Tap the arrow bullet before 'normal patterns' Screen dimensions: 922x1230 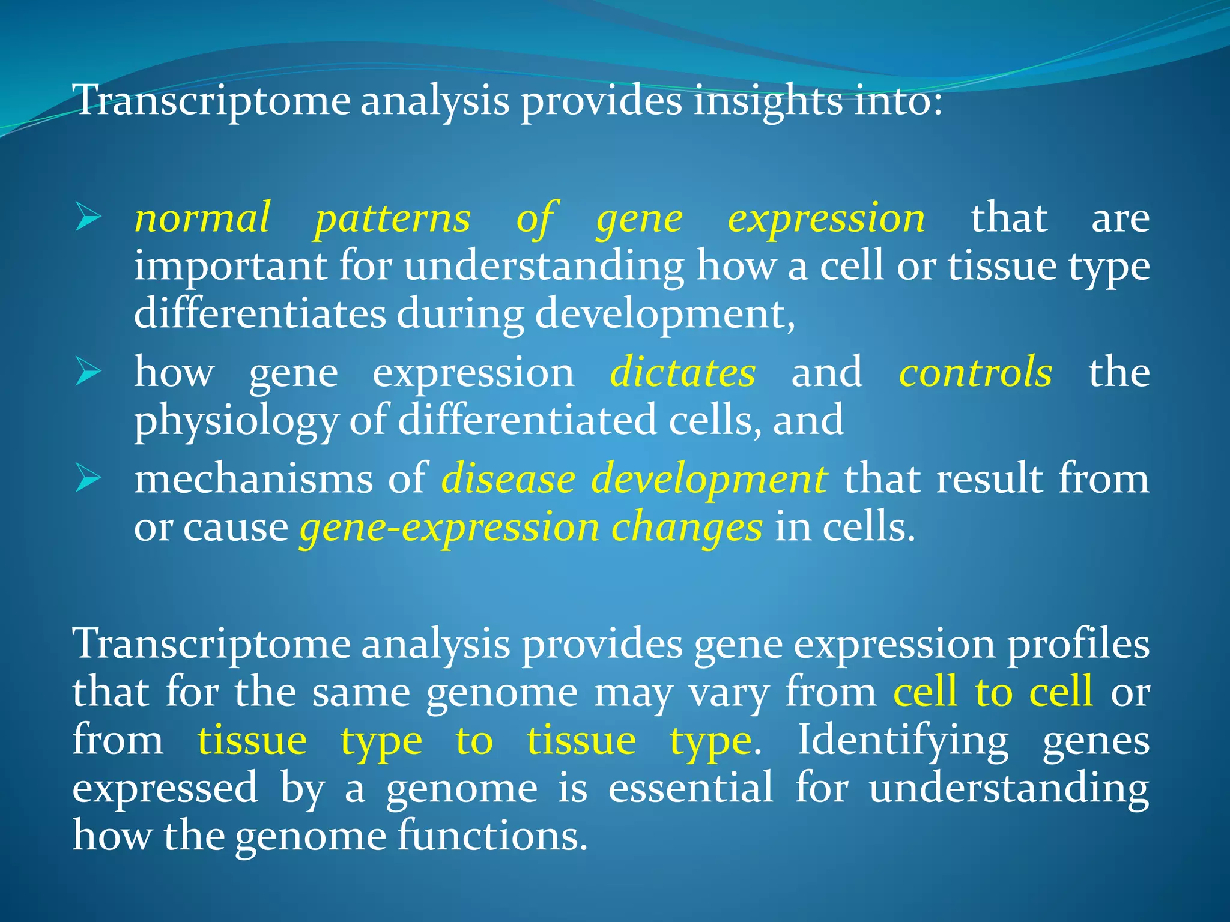(88, 218)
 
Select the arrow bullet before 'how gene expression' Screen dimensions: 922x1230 (88, 372)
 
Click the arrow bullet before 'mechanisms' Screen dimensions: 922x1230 (88, 480)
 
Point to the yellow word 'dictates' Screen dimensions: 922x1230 (683, 372)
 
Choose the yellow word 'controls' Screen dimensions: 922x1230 (975, 372)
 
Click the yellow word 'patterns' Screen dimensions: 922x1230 (392, 218)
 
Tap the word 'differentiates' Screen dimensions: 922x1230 (259, 313)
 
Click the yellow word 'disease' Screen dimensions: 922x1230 (508, 480)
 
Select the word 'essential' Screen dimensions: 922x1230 (691, 788)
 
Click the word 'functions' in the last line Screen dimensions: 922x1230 (491, 836)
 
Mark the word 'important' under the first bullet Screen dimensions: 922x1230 (230, 267)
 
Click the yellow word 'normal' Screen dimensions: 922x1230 (202, 218)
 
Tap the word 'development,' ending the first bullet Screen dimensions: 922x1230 (664, 315)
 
